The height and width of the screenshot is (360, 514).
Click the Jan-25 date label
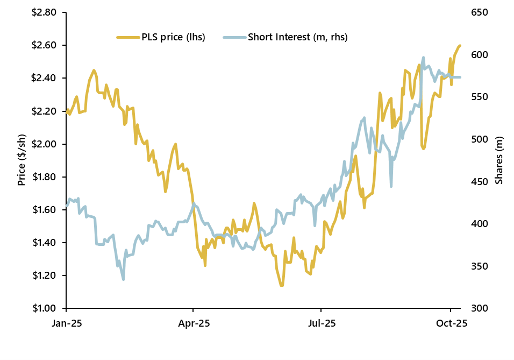pyautogui.click(x=66, y=324)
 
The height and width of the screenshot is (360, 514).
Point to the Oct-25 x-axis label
pyautogui.click(x=451, y=324)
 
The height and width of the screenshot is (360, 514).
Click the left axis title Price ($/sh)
pyautogui.click(x=22, y=160)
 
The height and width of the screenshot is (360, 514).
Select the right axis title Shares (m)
pyautogui.click(x=499, y=160)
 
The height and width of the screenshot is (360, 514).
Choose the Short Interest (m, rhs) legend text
pyautogui.click(x=297, y=37)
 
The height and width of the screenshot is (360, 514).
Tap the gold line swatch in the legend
pyautogui.click(x=128, y=37)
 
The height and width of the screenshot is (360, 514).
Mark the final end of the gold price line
pyautogui.click(x=460, y=46)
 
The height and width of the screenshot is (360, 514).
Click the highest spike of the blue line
pyautogui.click(x=423, y=57)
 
